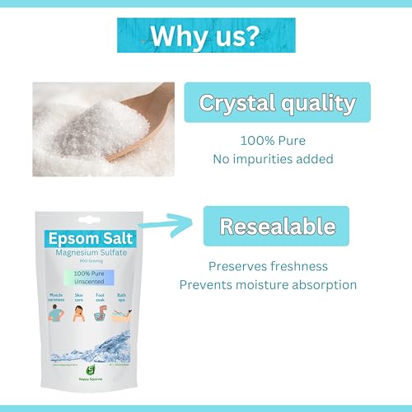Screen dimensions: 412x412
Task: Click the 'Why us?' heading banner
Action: click(x=205, y=37)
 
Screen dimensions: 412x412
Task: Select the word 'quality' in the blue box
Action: click(x=321, y=104)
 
